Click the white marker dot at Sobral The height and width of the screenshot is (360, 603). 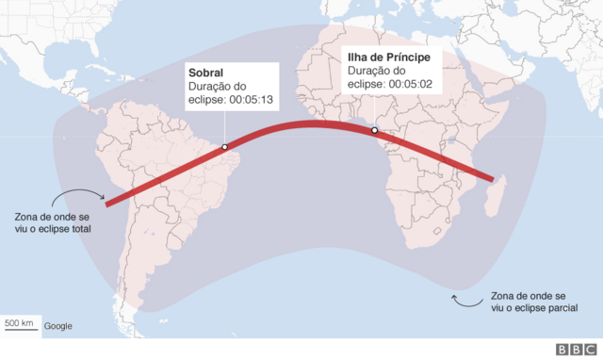pos(225,147)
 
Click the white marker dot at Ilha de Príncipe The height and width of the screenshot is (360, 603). pos(374,130)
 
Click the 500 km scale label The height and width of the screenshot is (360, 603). pos(20,324)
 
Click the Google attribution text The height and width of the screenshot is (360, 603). pos(57,326)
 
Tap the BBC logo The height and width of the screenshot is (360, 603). pos(575,349)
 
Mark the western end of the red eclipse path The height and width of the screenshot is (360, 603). pos(106,203)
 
